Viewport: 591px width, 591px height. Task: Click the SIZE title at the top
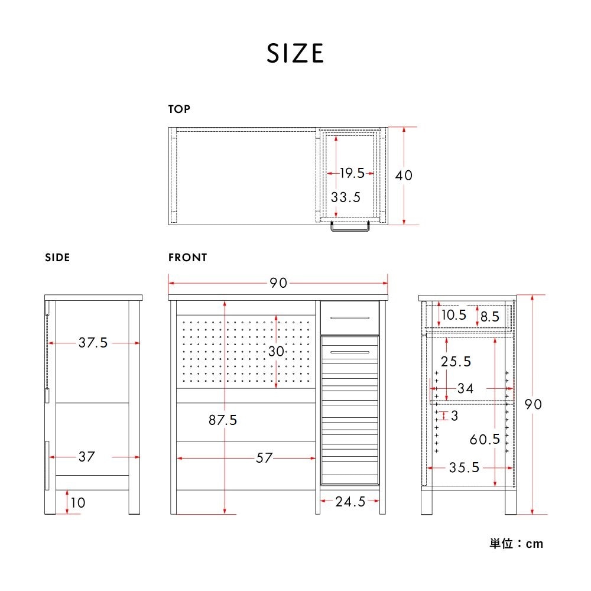click(295, 53)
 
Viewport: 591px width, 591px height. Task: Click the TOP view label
click(179, 109)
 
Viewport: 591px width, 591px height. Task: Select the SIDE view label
click(57, 258)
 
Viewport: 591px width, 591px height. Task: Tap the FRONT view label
click(188, 258)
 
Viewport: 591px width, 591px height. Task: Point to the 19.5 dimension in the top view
click(352, 173)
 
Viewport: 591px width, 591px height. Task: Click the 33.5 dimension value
click(346, 197)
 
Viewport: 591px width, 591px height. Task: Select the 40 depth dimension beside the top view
click(404, 176)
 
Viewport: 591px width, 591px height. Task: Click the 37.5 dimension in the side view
click(93, 343)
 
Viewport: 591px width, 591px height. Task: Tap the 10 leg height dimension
click(77, 502)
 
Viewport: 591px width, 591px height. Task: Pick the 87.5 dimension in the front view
click(223, 420)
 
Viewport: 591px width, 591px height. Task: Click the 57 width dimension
click(264, 458)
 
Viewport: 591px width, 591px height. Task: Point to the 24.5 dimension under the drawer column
click(350, 502)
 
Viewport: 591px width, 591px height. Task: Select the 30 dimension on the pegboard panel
click(276, 351)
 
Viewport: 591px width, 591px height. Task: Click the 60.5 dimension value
click(485, 439)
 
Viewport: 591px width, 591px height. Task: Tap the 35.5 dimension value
click(464, 467)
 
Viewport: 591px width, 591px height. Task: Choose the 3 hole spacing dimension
click(454, 415)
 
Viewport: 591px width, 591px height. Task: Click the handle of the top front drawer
click(350, 318)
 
